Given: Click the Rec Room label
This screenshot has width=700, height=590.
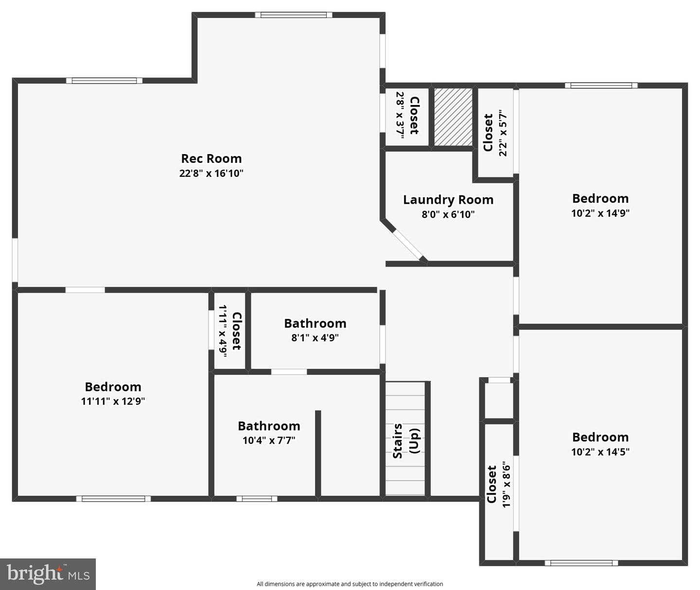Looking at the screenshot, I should [211, 158].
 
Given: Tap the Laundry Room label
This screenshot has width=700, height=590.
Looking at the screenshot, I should [448, 200].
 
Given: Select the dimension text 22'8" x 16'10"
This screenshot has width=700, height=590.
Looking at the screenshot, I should [211, 173].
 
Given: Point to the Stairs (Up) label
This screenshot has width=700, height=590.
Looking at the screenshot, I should [405, 441].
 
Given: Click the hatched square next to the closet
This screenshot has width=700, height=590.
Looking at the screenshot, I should [453, 117].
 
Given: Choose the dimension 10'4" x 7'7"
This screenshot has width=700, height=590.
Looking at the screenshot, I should [269, 440].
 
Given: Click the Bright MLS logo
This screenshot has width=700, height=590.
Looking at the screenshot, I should [48, 574].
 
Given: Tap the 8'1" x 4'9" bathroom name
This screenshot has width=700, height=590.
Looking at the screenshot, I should [315, 323].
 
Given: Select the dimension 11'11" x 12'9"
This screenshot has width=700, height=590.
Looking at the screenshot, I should [113, 401].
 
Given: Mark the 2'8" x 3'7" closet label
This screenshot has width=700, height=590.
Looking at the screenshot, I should [414, 115].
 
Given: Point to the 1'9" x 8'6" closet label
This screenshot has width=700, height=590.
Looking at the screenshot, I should [491, 484].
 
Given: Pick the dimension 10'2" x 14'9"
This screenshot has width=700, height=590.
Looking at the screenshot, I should [600, 213].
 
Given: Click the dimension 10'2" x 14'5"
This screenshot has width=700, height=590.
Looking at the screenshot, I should [600, 451].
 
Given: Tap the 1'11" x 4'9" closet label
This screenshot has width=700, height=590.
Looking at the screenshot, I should [236, 330].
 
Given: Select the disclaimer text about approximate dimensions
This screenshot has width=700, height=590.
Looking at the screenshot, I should [350, 584].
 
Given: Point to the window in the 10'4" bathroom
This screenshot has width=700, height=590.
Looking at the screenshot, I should [257, 499].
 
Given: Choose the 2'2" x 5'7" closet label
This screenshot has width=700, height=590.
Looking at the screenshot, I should [488, 133].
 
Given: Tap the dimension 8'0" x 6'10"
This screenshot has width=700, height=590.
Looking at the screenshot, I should [448, 214].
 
